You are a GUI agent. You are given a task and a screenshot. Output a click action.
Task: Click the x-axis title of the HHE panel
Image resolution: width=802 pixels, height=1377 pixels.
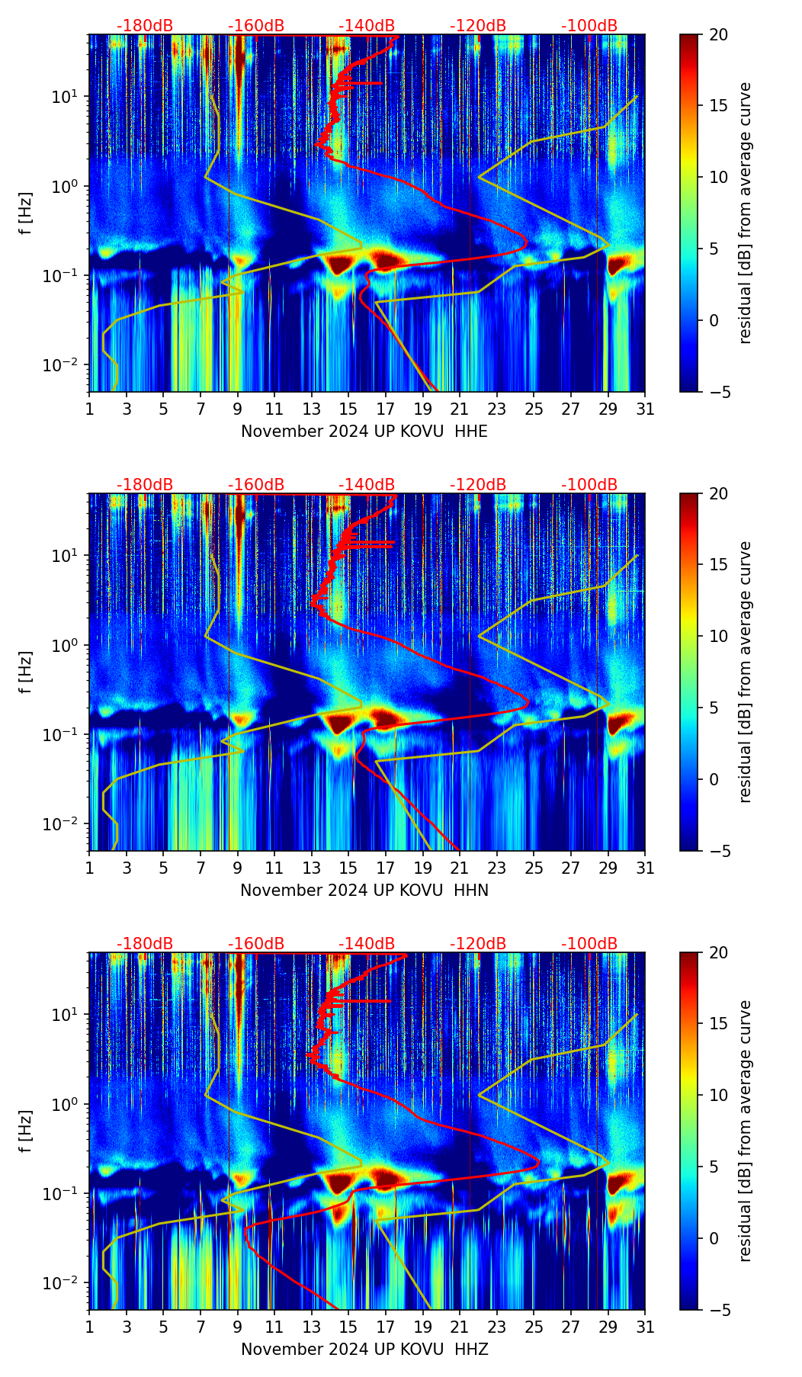pyautogui.click(x=364, y=432)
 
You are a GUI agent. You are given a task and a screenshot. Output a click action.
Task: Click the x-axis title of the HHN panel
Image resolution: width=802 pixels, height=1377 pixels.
pyautogui.click(x=364, y=891)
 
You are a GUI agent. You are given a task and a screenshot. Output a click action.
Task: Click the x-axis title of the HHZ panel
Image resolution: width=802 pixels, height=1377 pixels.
pyautogui.click(x=364, y=1350)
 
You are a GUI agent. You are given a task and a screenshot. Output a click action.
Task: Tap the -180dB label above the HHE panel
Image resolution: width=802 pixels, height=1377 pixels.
pyautogui.click(x=145, y=26)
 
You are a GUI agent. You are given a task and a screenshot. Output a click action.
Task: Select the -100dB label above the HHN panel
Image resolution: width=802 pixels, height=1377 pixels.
pyautogui.click(x=589, y=485)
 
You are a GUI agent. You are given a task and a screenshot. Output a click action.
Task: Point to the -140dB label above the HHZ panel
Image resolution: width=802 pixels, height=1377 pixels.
pyautogui.click(x=367, y=944)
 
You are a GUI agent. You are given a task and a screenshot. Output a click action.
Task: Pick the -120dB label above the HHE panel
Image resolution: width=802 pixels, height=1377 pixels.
pyautogui.click(x=478, y=26)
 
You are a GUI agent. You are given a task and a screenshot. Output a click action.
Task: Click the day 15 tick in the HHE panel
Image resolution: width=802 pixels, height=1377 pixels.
pyautogui.click(x=348, y=409)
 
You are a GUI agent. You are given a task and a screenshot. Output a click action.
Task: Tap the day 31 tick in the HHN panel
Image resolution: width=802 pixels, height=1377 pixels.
pyautogui.click(x=645, y=868)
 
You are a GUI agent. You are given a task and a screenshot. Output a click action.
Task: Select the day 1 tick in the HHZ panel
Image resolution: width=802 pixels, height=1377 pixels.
pyautogui.click(x=90, y=1327)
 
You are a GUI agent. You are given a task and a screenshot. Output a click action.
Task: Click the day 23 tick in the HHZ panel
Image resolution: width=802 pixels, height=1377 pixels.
pyautogui.click(x=497, y=1327)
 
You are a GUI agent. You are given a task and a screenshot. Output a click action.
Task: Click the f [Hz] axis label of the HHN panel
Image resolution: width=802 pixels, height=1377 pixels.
pyautogui.click(x=27, y=672)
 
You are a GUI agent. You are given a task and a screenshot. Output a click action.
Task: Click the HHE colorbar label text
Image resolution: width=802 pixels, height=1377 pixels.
pyautogui.click(x=745, y=213)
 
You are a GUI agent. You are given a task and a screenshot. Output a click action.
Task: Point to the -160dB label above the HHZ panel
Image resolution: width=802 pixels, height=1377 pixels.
pyautogui.click(x=256, y=944)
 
